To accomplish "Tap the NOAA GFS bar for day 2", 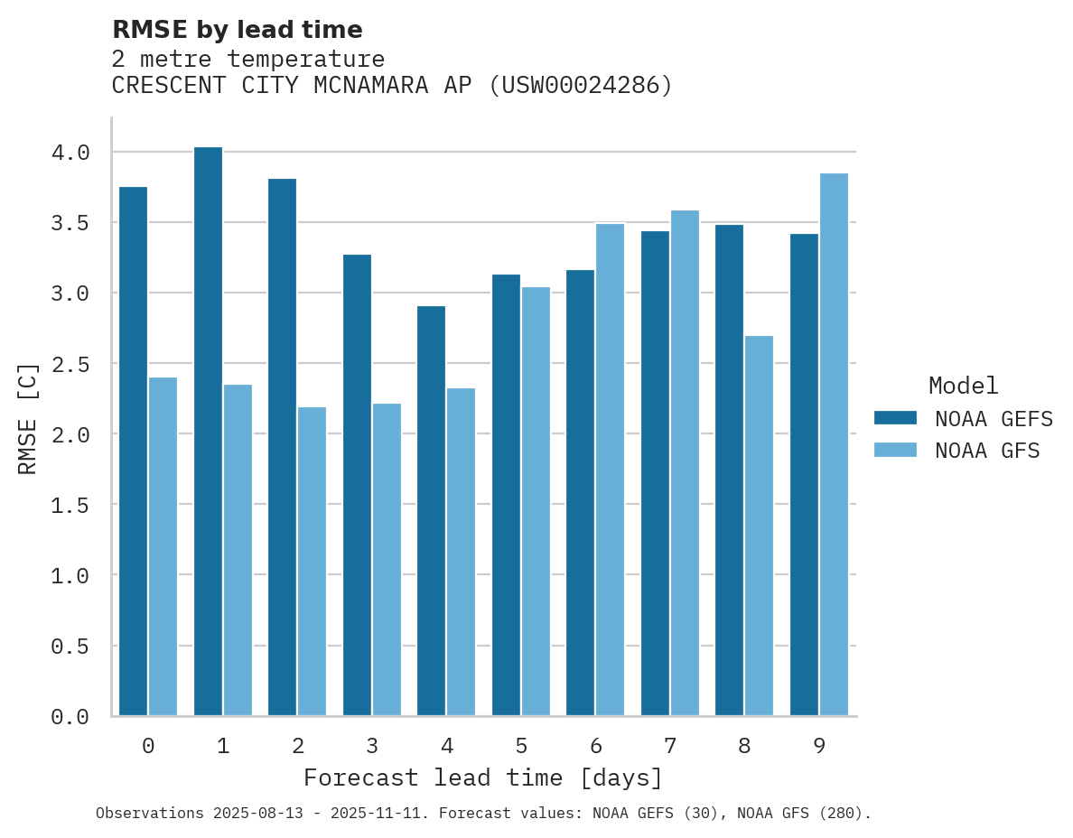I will (x=312, y=561).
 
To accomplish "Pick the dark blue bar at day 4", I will (x=431, y=510).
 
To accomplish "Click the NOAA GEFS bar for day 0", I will (x=133, y=451).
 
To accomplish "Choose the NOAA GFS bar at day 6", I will (x=610, y=470).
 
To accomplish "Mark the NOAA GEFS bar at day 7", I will (x=655, y=473).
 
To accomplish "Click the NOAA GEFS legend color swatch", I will (x=895, y=418).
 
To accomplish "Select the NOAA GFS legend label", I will (x=987, y=451).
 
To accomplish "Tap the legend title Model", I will (x=963, y=386).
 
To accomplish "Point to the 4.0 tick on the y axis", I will (x=70, y=153).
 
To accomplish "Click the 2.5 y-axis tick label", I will (x=70, y=364).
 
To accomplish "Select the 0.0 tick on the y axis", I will (x=70, y=717).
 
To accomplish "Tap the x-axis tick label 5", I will (x=521, y=746).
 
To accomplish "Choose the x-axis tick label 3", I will (x=372, y=746).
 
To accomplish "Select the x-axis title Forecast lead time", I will (x=483, y=777).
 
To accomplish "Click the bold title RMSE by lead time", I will (x=237, y=30).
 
